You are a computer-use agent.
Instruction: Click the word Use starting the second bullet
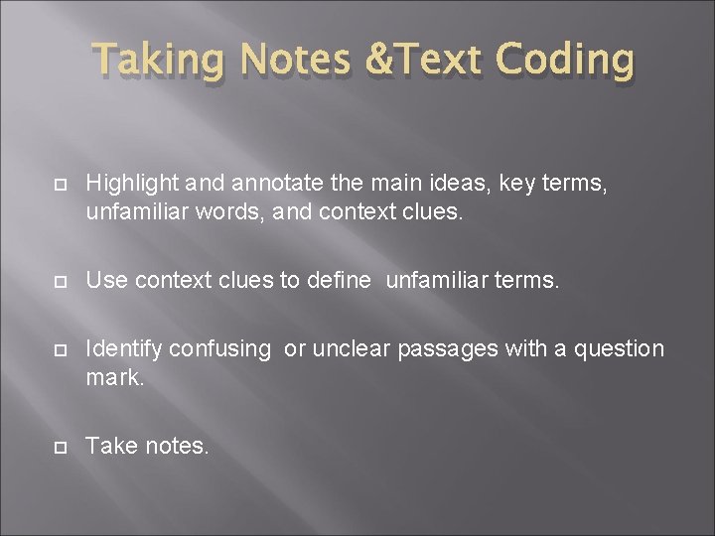(x=106, y=281)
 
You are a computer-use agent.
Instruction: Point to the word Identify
(x=124, y=349)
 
